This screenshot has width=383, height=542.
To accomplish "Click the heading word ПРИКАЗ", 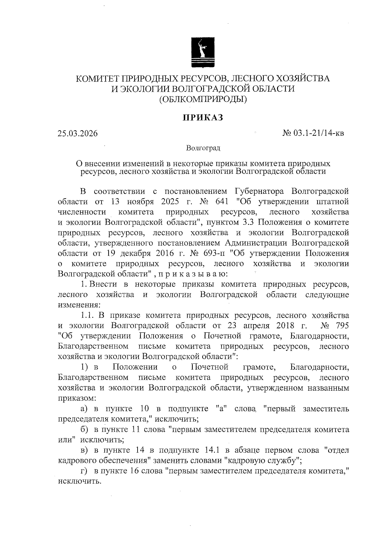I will [202, 118].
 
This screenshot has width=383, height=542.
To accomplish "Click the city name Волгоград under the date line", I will [203, 148].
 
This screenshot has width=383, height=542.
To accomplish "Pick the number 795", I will [340, 326].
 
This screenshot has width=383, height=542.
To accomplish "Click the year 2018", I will [284, 326].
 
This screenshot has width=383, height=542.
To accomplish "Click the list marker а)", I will [84, 408].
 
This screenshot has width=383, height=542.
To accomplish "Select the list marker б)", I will [84, 429].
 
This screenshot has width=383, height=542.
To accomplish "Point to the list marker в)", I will [84, 450].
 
